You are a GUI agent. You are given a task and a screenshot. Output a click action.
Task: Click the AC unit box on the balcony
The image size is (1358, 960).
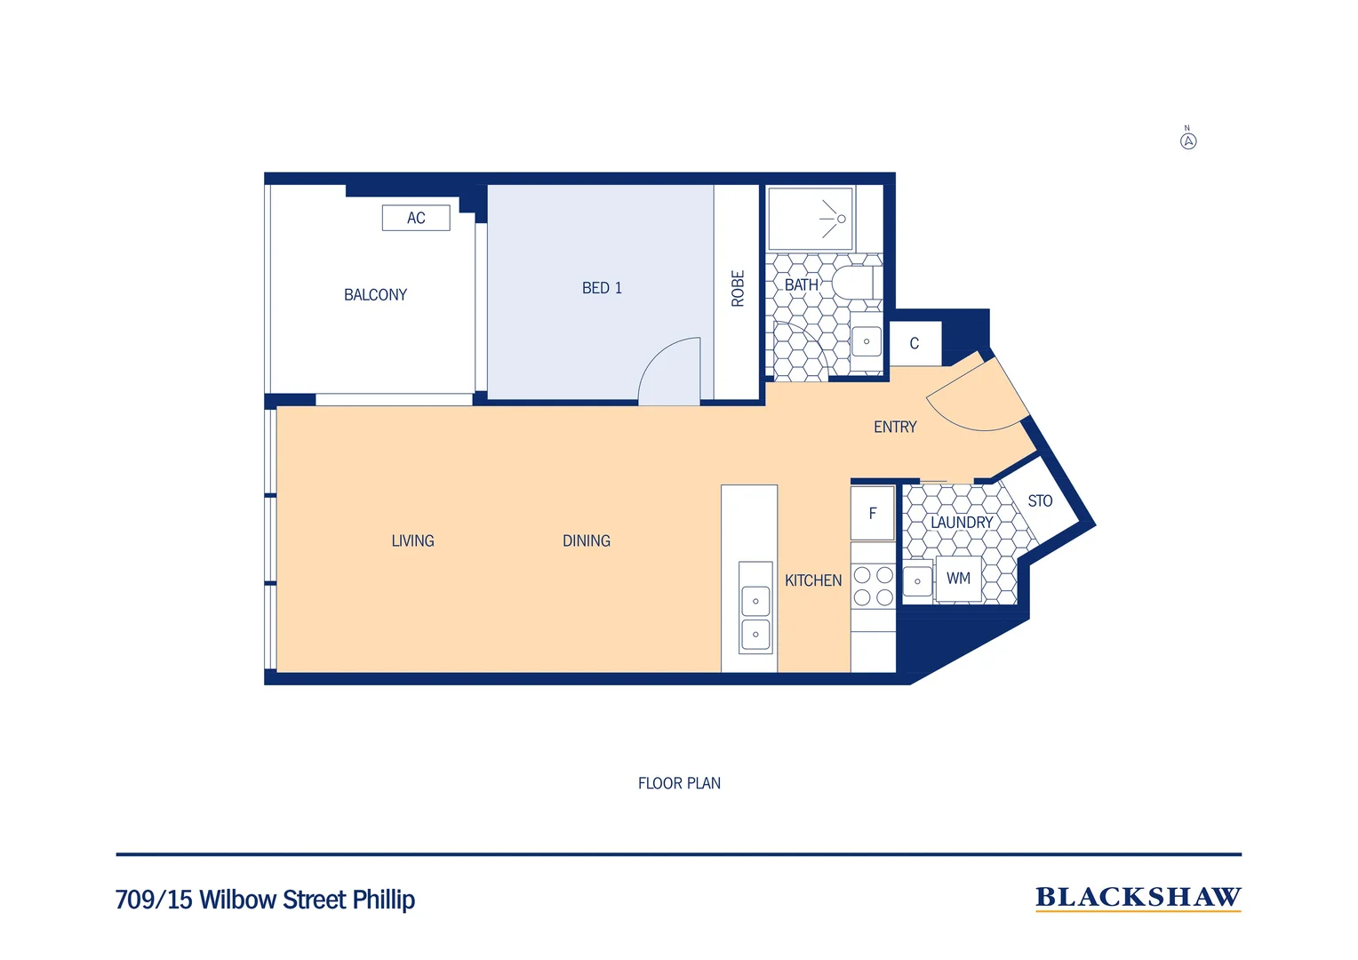(416, 218)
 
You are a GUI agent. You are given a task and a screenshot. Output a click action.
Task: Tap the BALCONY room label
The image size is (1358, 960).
(375, 295)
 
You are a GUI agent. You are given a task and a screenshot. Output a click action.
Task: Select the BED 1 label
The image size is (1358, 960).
(602, 288)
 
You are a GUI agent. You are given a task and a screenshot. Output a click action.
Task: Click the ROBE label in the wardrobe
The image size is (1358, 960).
(738, 289)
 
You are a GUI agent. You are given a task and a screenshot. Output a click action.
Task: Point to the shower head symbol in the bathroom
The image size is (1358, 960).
(835, 219)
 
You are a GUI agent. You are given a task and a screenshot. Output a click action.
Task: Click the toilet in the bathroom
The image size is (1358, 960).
(854, 283)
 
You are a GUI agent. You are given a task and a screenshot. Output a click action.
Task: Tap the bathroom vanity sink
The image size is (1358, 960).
(867, 341)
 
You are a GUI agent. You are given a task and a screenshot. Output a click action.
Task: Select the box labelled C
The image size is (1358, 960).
(915, 344)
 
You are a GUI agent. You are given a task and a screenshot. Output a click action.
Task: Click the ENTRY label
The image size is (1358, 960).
(895, 428)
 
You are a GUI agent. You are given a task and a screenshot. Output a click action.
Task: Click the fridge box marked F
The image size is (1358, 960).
(873, 514)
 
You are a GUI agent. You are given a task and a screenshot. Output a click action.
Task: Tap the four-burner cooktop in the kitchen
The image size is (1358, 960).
(873, 587)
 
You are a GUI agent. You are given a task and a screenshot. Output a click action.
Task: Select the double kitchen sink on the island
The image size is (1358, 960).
(755, 618)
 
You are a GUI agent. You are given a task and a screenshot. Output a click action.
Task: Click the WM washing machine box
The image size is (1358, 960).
(958, 579)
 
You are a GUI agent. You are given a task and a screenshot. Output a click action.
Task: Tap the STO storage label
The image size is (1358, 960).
(1040, 501)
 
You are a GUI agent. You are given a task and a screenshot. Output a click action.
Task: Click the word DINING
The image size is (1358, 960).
(587, 540)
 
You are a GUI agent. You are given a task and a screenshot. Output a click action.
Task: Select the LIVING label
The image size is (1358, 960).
(412, 540)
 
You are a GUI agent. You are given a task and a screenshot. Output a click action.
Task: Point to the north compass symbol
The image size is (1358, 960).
(1188, 140)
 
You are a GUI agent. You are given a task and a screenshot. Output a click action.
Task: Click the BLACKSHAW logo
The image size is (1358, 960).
(1138, 898)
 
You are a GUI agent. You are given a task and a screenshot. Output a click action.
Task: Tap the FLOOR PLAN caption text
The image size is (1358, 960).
(679, 783)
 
